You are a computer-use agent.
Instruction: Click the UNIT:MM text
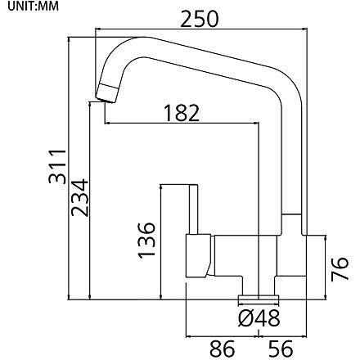coord(33,7)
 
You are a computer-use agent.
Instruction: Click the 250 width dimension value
coord(200,19)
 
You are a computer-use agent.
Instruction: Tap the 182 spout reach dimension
coord(182,113)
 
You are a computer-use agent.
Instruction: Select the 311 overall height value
coord(57,166)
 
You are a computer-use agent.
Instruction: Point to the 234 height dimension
coord(80,197)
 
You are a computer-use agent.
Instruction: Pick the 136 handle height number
coord(146,240)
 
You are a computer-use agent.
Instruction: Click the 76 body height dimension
coord(340,268)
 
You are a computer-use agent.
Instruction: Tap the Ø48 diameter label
coord(259,318)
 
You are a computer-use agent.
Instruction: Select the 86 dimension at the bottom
coord(222,349)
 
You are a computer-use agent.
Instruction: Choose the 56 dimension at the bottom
coord(281,349)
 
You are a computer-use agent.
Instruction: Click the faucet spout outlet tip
coord(106,93)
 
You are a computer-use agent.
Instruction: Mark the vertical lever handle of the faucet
coord(193,209)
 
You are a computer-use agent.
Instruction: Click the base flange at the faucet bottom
coord(259,298)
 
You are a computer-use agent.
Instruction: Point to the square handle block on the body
coord(199,256)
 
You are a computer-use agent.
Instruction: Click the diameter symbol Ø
coord(245,318)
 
